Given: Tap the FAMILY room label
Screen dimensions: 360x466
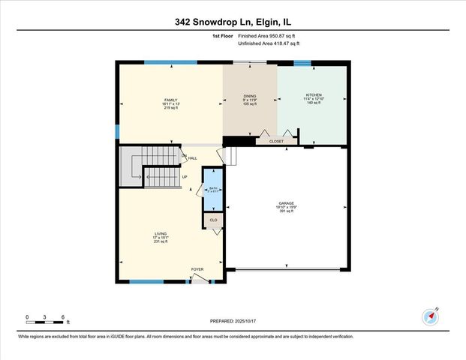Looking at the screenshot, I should [170, 100].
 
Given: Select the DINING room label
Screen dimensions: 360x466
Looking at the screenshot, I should [249, 96].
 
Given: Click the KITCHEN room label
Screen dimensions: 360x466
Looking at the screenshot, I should [313, 96].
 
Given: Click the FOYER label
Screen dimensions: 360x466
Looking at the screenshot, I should [197, 269].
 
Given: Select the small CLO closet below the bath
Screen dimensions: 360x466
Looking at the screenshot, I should [213, 220].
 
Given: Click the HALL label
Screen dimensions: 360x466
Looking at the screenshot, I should [193, 158].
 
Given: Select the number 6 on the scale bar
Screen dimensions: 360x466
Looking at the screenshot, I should [64, 316].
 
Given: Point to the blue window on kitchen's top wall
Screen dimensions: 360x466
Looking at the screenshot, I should [302, 62].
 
